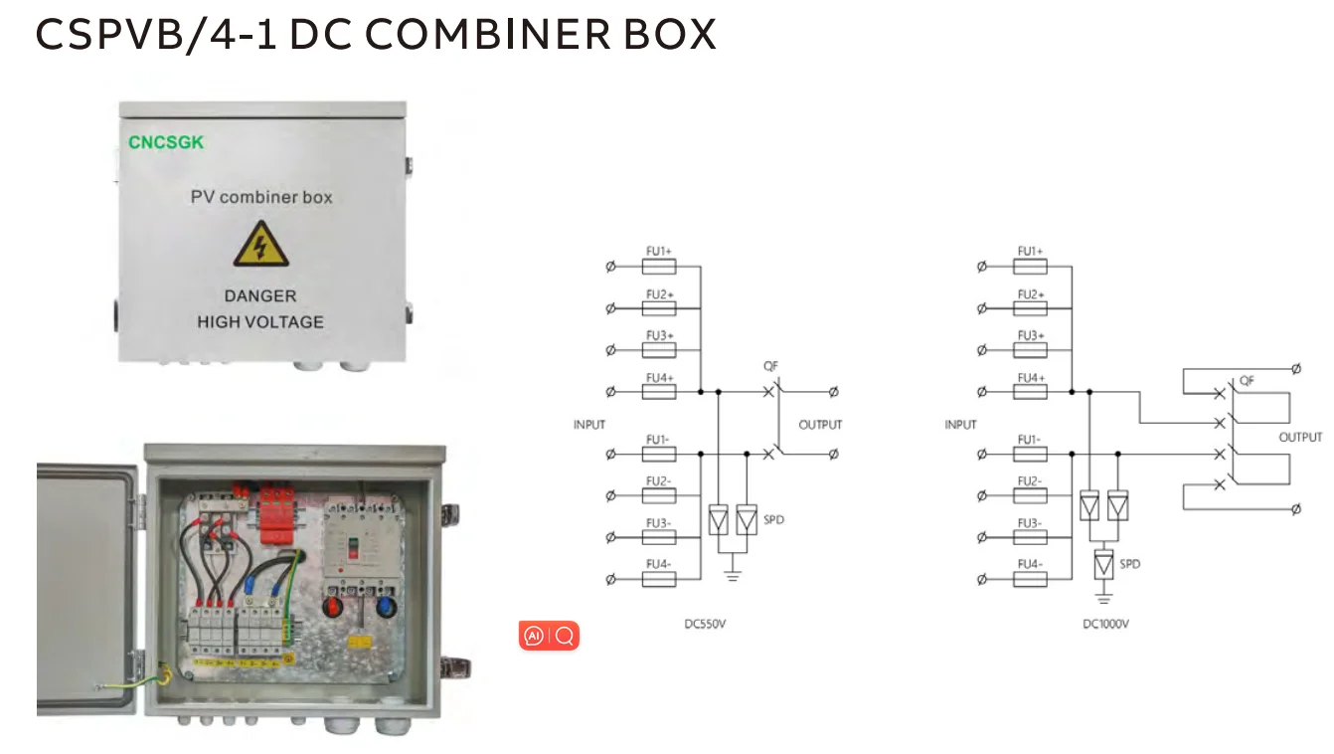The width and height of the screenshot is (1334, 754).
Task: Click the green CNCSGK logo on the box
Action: pos(166,142)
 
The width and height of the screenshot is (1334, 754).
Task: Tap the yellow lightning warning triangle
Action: pos(260,245)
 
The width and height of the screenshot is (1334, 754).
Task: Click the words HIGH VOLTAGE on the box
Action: pos(260,322)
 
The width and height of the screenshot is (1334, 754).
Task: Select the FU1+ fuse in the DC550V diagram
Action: pos(659,267)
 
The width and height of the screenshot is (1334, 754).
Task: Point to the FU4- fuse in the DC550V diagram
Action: pos(659,579)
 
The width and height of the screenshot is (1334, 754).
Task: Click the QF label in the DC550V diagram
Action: pos(770,365)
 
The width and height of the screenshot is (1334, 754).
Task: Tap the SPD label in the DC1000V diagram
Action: pos(1129,564)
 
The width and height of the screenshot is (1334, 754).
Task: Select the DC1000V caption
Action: pos(1105,625)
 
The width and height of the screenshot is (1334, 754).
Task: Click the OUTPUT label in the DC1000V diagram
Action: pos(1300,438)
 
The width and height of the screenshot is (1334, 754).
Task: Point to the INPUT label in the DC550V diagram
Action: pos(589,425)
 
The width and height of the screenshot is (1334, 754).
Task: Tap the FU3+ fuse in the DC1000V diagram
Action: pos(1031,350)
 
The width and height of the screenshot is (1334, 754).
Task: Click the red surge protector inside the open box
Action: pos(281,514)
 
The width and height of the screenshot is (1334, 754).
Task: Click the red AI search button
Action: pos(549,636)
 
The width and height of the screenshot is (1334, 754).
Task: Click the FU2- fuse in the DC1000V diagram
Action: pos(1031,495)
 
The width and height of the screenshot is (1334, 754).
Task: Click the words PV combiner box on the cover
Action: pos(261,197)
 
